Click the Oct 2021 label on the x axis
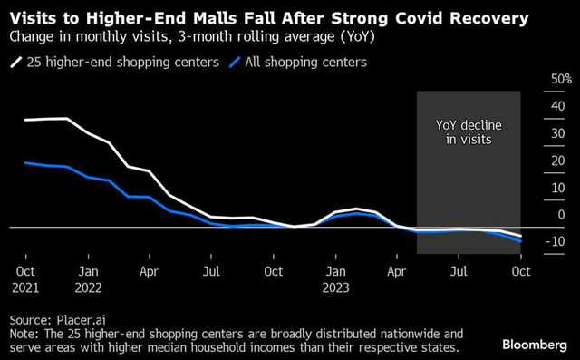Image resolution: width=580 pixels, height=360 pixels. (25, 278)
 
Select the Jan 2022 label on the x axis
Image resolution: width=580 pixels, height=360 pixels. (88, 278)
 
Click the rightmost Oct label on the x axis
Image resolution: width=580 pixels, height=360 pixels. (520, 270)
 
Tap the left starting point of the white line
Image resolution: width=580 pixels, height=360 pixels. (25, 120)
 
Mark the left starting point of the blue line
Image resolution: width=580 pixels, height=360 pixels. (25, 162)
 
